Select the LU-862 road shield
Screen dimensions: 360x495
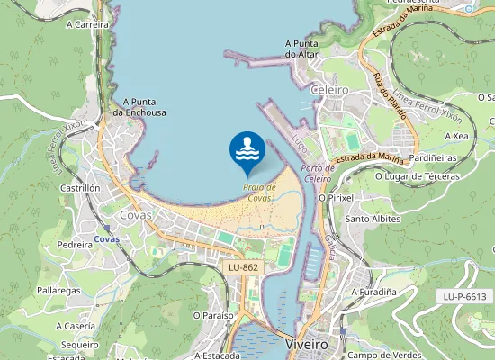243,268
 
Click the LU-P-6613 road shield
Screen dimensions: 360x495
464,296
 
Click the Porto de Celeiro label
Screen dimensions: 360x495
319,174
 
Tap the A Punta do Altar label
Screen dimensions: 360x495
303,49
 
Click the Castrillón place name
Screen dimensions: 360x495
79,188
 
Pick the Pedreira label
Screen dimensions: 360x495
76,244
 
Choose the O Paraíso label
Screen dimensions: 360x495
213,315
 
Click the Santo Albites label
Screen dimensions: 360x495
373,219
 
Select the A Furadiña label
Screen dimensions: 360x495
373,292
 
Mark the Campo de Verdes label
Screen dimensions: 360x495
384,355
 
